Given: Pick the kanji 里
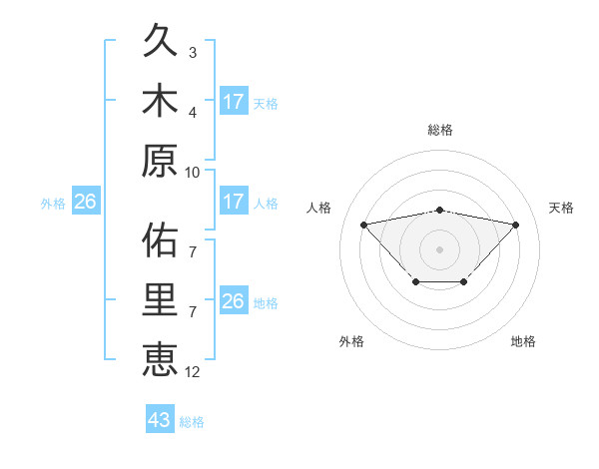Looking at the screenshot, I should (160, 298).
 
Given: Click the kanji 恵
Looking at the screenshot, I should (160, 358).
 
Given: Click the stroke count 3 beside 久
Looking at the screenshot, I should (193, 53).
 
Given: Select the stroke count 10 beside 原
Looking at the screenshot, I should (193, 172).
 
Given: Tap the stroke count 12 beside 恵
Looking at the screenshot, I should (193, 371).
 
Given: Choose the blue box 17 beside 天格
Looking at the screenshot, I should (234, 102).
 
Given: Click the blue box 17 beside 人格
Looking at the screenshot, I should (234, 202).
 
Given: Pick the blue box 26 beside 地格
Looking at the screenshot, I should (234, 301).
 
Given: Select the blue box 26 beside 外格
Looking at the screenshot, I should (85, 203).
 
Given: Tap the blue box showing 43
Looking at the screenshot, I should (159, 420).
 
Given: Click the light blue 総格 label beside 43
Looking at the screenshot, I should (192, 422).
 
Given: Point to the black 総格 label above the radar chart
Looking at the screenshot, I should (439, 130).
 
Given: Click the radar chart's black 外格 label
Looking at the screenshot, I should (351, 341).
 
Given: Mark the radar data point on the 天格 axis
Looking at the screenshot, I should (515, 225).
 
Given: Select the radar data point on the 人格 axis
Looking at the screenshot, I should (363, 224).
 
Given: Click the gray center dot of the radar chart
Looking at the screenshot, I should (439, 248).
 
